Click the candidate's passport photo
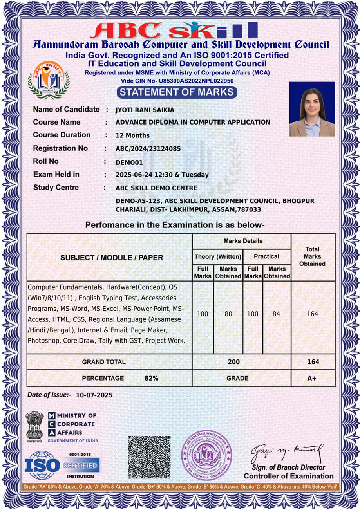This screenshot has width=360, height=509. coord(312,109)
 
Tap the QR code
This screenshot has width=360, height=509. coord(149,457)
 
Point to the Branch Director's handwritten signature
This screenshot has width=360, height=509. coord(287,453)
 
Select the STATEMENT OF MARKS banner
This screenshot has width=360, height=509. coord(177,92)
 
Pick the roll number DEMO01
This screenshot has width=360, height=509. coord(129,162)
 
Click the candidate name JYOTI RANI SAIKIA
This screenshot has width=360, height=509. coord(145,110)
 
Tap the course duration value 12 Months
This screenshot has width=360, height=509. coord(132,135)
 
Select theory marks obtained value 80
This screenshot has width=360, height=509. coord(228,314)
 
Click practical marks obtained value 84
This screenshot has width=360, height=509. coord(277,314)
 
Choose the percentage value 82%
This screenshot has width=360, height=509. coord(151,378)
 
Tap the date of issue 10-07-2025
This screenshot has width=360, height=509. coord(94,395)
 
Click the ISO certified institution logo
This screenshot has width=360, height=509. coord(62,465)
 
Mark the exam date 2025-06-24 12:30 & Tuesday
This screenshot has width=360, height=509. coord(162,175)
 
